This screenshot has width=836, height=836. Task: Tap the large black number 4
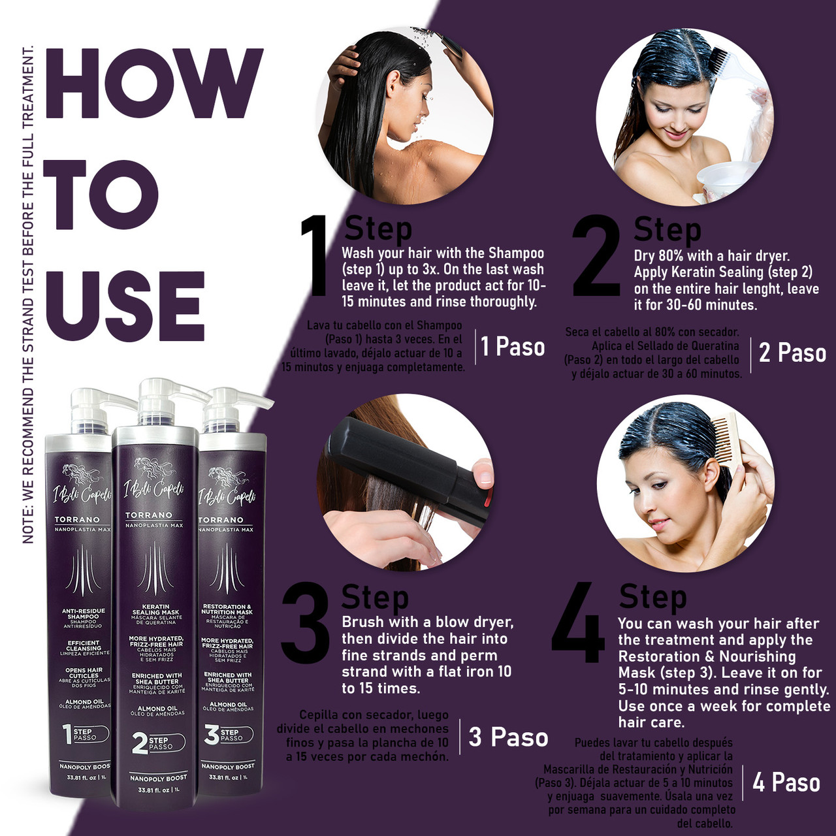[577, 624]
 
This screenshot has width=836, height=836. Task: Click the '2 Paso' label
[792, 353]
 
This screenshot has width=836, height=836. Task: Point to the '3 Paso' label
[507, 737]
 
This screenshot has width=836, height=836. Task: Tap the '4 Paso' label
[786, 782]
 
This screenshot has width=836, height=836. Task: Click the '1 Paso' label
[513, 347]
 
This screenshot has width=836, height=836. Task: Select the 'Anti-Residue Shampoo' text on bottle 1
[84, 615]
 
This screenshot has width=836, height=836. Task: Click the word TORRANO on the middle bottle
[148, 515]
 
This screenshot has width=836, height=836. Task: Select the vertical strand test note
[28, 294]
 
